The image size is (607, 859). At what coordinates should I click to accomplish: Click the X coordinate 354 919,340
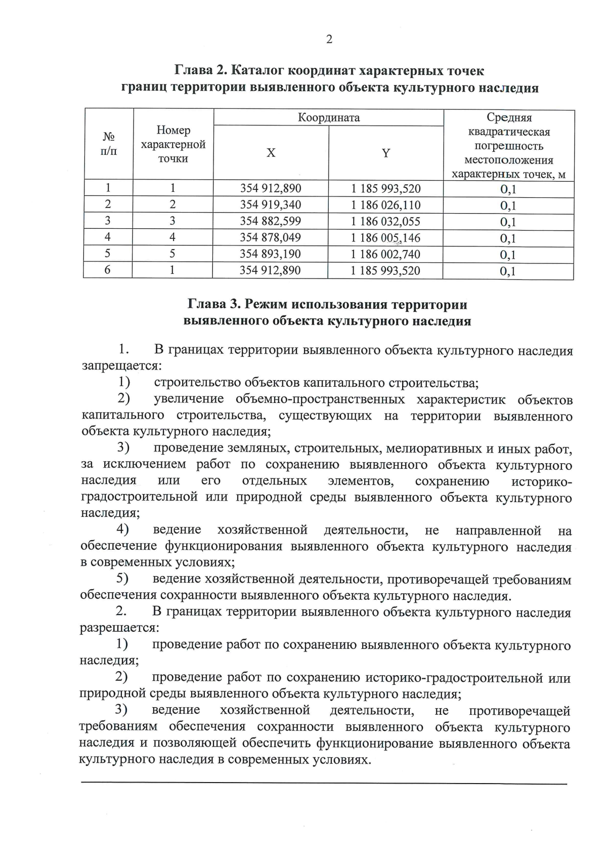click(x=271, y=205)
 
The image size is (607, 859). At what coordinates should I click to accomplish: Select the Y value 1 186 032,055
click(x=386, y=221)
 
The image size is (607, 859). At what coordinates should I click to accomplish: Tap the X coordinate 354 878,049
click(x=271, y=237)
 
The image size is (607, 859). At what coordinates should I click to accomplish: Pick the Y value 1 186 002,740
click(x=386, y=254)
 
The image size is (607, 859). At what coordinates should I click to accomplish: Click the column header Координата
click(x=329, y=118)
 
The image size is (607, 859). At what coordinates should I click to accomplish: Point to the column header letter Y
click(x=386, y=153)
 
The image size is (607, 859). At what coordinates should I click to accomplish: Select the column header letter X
click(x=271, y=153)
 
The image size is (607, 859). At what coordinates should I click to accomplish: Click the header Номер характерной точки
click(x=173, y=145)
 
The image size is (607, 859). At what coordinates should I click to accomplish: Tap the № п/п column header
click(x=109, y=144)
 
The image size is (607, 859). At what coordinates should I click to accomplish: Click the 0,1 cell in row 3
click(x=508, y=222)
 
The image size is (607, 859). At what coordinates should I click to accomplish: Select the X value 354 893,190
click(x=271, y=254)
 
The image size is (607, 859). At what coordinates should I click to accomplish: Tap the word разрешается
click(x=120, y=628)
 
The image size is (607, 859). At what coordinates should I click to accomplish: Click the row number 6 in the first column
click(x=108, y=270)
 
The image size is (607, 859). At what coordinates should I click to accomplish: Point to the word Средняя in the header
click(x=509, y=118)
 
